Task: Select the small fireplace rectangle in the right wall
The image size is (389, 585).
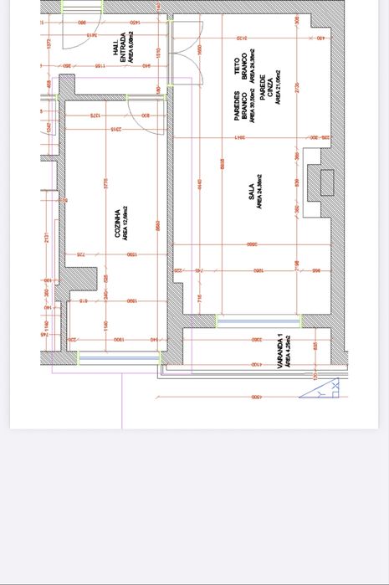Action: (326, 182)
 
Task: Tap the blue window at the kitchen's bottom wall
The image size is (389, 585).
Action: (118, 357)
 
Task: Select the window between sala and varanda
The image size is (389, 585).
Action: (259, 320)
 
